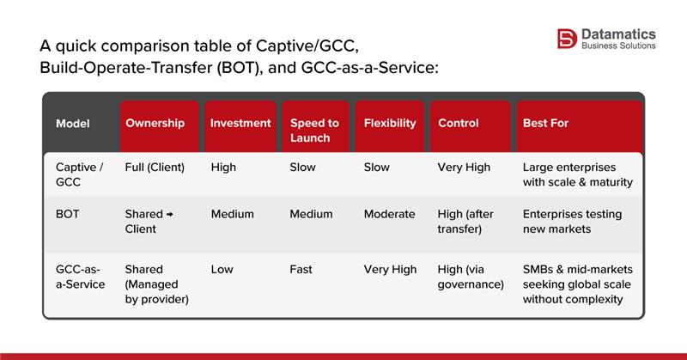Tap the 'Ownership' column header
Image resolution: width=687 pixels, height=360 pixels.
(155, 123)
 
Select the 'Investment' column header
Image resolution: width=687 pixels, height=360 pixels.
(240, 123)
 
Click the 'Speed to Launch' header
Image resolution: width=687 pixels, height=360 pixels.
(314, 131)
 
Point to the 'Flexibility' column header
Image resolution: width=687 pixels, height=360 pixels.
(389, 123)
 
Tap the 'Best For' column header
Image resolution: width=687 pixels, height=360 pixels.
(545, 123)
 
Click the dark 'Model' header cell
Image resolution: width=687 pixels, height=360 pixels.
(73, 123)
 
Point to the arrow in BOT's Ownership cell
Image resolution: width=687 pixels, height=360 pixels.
(169, 214)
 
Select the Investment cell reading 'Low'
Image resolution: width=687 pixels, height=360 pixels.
(222, 269)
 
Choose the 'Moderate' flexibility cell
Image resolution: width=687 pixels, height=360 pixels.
(389, 214)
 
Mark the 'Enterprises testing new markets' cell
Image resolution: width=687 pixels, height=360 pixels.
(572, 222)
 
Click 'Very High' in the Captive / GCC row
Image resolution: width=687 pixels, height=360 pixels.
(464, 168)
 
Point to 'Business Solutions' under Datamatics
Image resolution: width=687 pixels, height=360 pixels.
(618, 46)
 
